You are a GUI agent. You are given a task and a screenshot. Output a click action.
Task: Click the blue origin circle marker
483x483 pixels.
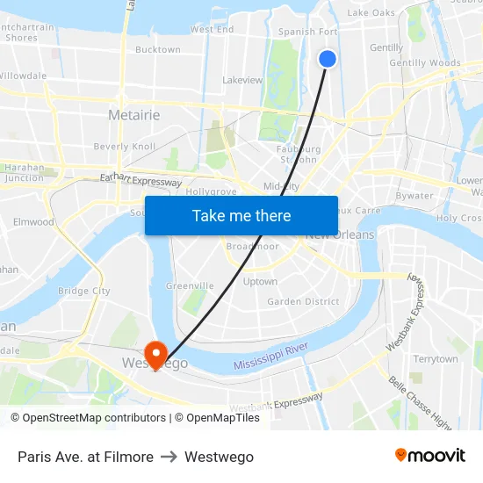point(328,59)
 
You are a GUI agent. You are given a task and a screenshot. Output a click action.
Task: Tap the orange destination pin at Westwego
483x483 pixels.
point(157,353)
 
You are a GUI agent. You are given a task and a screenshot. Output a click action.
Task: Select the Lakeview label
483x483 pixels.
point(242,80)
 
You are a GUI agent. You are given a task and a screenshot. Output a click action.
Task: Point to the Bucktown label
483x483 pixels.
point(158,50)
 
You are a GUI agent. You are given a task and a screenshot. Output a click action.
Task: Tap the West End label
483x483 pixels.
point(212,29)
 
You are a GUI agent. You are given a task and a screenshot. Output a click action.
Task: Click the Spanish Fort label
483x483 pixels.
point(308,32)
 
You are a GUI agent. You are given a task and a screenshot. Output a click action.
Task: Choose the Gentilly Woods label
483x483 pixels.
point(425,63)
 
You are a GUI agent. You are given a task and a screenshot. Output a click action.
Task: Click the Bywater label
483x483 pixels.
point(415,196)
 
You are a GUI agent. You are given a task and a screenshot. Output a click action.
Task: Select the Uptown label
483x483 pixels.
point(260,282)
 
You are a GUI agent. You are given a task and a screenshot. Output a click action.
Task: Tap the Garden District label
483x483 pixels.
point(303,301)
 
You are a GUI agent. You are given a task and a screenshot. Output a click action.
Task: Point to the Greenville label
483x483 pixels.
point(190,285)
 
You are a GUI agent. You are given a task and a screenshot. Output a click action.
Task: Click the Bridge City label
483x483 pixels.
point(83,291)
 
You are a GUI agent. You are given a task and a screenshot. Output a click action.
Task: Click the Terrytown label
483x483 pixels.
point(436,359)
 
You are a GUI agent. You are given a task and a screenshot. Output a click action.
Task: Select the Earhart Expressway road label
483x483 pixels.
point(141,179)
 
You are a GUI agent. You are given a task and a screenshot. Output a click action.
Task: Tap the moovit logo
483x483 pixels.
point(430,456)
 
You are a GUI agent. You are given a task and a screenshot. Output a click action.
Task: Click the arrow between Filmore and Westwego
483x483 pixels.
point(169,457)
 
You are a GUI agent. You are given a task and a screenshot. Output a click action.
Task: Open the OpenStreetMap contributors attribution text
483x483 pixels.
point(88,418)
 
